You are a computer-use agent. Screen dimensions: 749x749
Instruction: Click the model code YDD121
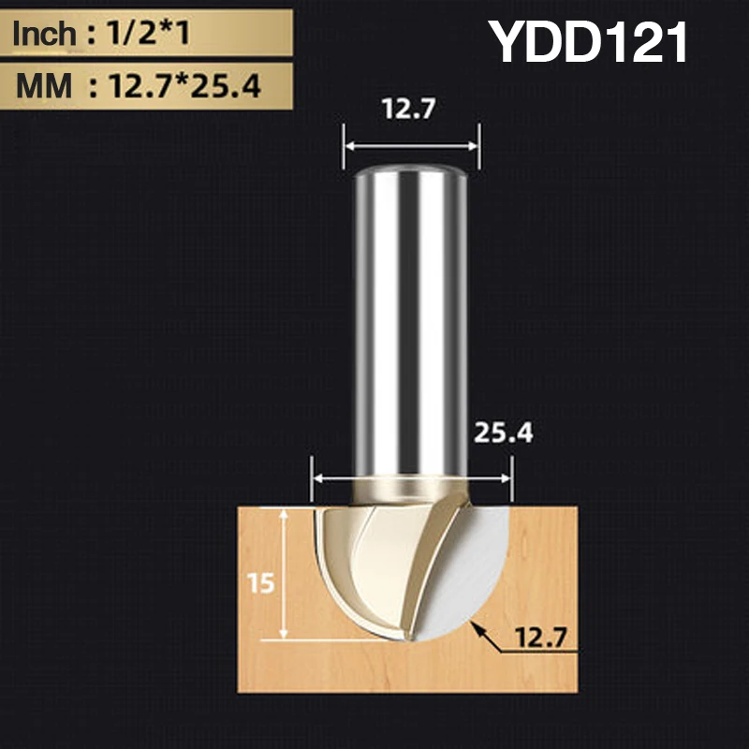tap(590, 44)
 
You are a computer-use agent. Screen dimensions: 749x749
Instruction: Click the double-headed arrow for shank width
tap(410, 146)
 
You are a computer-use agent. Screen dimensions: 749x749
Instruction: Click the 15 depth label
tap(262, 583)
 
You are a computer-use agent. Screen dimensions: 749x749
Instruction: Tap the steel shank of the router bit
tap(410, 318)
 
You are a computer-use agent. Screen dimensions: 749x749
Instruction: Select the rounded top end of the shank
tap(410, 171)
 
